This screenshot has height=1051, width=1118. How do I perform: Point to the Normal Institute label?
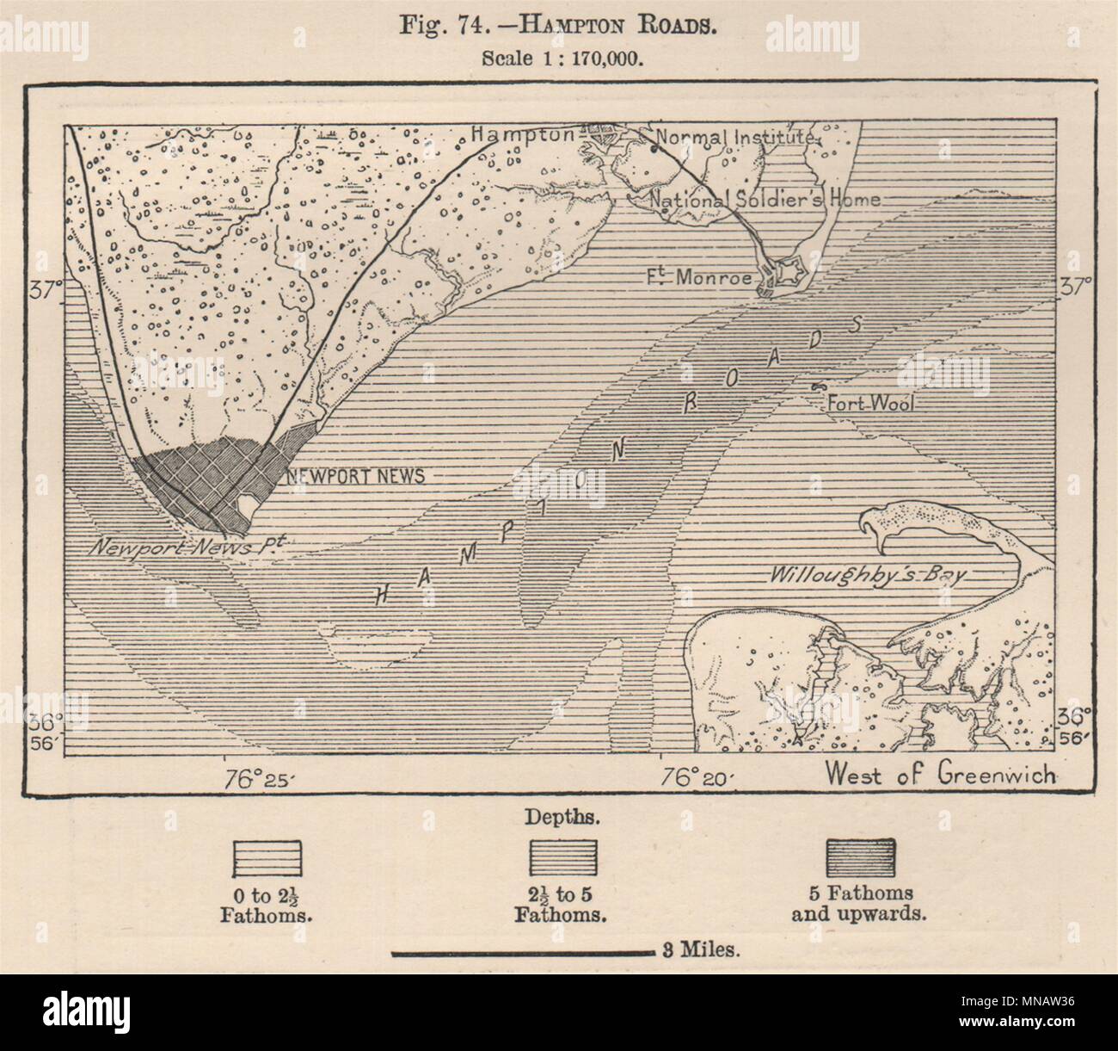click(x=734, y=137)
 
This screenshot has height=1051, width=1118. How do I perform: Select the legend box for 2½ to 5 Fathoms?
click(x=562, y=857)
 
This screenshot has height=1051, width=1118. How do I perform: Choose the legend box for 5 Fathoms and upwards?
click(x=859, y=857)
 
